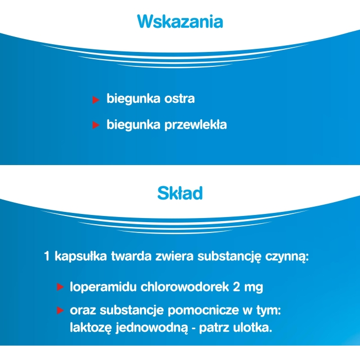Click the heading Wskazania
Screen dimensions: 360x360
180,22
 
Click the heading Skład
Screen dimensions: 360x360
180,193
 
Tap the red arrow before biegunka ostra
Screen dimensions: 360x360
96,100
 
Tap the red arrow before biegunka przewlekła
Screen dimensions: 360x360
96,125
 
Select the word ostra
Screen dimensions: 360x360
179,99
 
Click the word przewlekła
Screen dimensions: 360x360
196,125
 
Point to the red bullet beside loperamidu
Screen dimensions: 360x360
60,287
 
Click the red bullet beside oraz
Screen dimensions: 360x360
60,311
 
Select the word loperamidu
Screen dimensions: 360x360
103,287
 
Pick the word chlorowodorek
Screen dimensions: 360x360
185,287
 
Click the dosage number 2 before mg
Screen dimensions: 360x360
237,287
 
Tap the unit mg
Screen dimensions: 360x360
254,288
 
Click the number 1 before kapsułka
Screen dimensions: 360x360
47,256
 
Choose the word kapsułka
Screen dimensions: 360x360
81,257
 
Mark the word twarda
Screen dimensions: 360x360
131,256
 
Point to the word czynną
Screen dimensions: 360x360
287,257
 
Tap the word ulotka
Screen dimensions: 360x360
253,328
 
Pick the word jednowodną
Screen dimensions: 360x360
152,328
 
